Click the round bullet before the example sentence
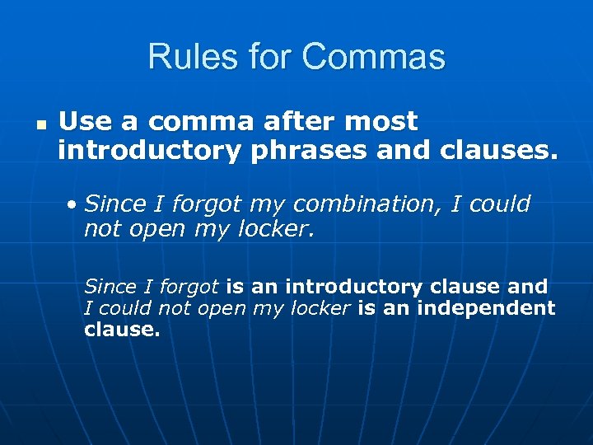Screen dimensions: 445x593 click(x=74, y=204)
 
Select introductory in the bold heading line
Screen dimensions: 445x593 click(x=149, y=152)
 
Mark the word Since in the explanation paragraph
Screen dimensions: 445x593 click(x=110, y=287)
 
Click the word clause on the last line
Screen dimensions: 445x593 click(x=121, y=330)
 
